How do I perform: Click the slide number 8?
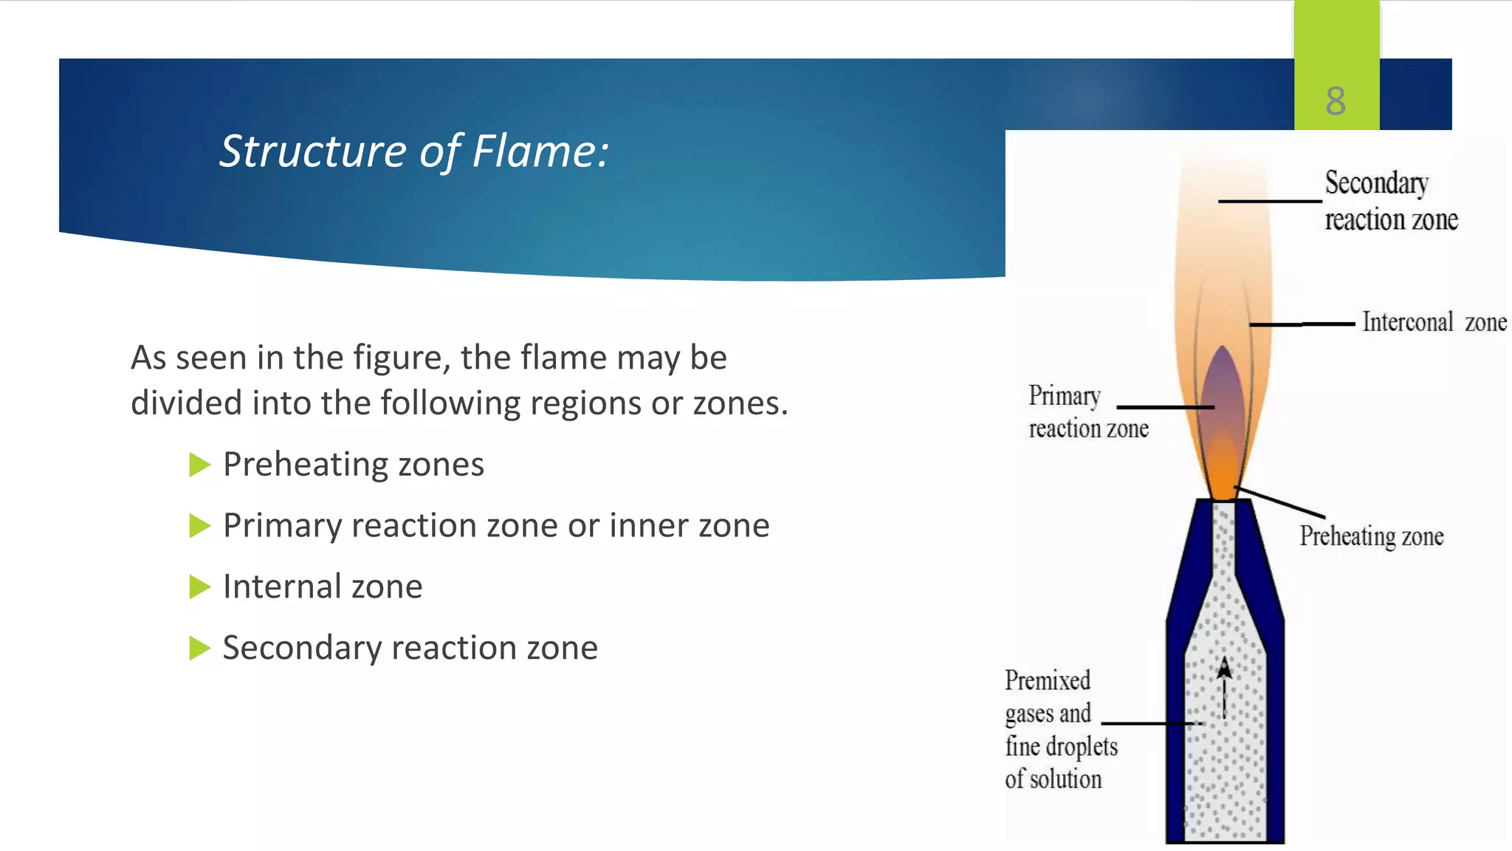click(1336, 100)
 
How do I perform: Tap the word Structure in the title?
click(312, 151)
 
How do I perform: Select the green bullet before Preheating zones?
click(199, 465)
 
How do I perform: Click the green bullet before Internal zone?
click(199, 587)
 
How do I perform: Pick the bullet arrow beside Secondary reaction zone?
click(199, 648)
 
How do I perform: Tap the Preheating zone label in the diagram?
click(1371, 536)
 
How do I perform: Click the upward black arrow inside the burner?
click(1224, 687)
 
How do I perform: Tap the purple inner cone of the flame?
click(1223, 392)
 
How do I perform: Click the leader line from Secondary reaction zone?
click(1269, 201)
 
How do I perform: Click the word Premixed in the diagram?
click(1047, 680)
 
